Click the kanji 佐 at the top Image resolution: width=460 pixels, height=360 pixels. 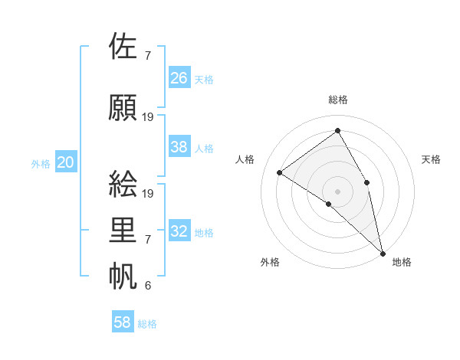pos(124,47)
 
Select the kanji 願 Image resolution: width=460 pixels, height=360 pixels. pos(124,107)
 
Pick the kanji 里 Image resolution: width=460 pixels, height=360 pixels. pos(124,231)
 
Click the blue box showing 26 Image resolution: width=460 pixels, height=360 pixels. pos(179,78)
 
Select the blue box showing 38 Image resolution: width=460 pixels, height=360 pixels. pos(179,147)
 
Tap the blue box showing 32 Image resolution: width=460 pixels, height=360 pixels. pos(179,231)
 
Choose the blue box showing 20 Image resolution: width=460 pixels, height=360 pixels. pos(66,162)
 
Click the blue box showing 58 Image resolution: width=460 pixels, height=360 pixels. pos(123,322)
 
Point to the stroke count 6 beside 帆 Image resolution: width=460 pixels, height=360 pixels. pos(148,286)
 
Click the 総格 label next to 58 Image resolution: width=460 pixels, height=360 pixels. pos(147,324)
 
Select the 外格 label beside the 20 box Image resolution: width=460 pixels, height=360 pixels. pos(41,164)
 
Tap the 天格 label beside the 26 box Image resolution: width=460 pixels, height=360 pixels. pos(204,80)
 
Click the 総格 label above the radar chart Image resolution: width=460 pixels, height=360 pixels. pos(338,100)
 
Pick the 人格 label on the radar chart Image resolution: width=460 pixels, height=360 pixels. pos(245,159)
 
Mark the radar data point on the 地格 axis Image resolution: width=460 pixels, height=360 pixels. pos(383,252)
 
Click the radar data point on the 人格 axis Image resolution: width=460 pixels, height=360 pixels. pos(280,172)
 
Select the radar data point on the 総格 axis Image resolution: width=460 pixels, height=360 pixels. pos(337,130)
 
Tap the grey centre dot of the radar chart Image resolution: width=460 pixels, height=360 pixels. pos(337,190)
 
